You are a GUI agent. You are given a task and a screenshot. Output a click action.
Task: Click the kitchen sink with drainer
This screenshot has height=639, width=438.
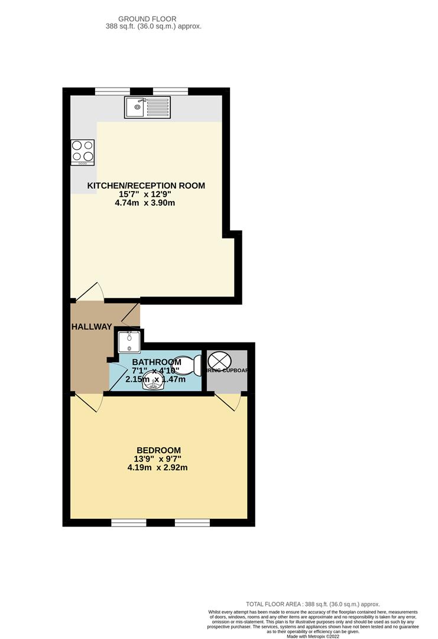(x=147, y=107)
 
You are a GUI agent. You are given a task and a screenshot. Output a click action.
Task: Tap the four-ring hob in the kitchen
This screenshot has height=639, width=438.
(x=82, y=151)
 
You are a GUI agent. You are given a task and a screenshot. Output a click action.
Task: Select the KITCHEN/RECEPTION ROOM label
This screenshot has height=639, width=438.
(x=146, y=186)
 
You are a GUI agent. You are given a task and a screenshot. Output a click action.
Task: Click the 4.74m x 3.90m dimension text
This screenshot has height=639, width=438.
(x=146, y=203)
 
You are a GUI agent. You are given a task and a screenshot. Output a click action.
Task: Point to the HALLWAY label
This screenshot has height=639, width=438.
(x=92, y=327)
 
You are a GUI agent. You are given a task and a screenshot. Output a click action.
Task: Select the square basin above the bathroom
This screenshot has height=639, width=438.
(x=128, y=342)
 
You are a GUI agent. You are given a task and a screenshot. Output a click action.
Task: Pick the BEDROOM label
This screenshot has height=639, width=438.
(x=158, y=450)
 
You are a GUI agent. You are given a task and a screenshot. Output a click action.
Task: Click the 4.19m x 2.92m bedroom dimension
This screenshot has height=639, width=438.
(x=158, y=467)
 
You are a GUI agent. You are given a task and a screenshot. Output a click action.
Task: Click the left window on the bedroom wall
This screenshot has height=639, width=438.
(x=129, y=522)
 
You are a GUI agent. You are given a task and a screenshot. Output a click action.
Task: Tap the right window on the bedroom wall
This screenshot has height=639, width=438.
(x=193, y=522)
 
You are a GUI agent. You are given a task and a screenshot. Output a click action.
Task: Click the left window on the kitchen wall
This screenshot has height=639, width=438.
(x=113, y=91)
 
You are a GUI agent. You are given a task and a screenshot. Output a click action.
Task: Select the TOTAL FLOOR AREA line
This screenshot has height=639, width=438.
(x=313, y=603)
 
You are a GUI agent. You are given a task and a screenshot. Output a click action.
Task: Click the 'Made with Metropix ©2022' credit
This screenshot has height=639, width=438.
(x=313, y=636)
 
